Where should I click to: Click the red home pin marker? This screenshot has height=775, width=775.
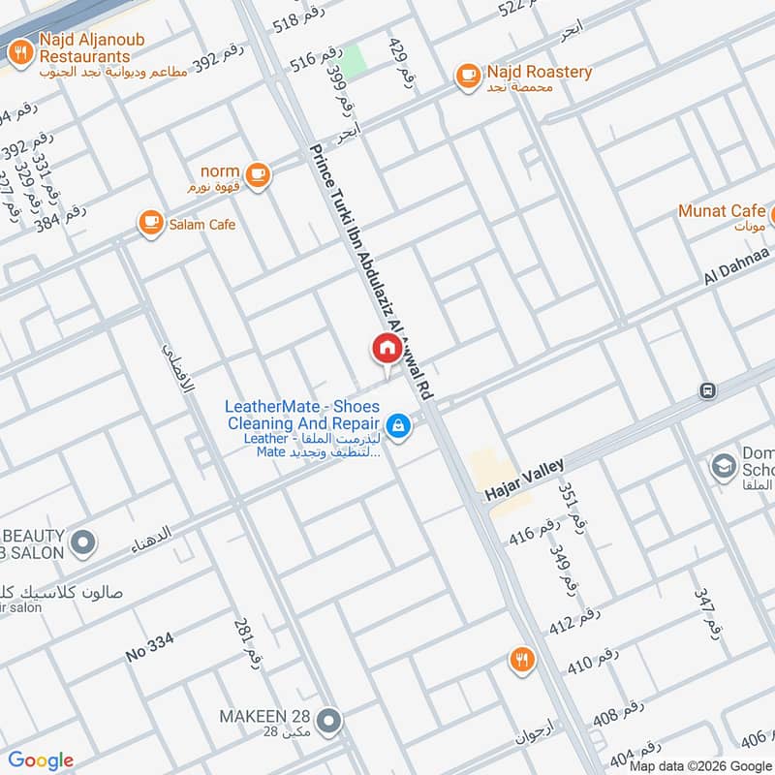tap(386, 349)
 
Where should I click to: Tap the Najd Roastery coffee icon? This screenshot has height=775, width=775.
tap(468, 75)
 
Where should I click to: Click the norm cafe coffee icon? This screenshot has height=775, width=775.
tap(257, 174)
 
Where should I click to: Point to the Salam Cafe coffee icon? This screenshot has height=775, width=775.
tap(150, 224)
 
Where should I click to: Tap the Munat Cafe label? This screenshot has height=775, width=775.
tap(722, 211)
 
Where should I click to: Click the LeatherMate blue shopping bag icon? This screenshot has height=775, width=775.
tap(397, 424)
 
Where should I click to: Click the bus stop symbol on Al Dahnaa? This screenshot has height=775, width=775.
tap(707, 390)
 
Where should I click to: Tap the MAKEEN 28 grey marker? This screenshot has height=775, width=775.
tap(330, 720)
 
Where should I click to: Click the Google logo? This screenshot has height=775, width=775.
tap(41, 760)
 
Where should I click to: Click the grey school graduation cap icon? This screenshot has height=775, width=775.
tap(723, 467)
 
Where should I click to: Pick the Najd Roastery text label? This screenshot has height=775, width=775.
tap(540, 72)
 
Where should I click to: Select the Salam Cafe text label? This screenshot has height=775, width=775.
tap(201, 225)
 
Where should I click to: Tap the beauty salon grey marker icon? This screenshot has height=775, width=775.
tap(83, 542)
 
